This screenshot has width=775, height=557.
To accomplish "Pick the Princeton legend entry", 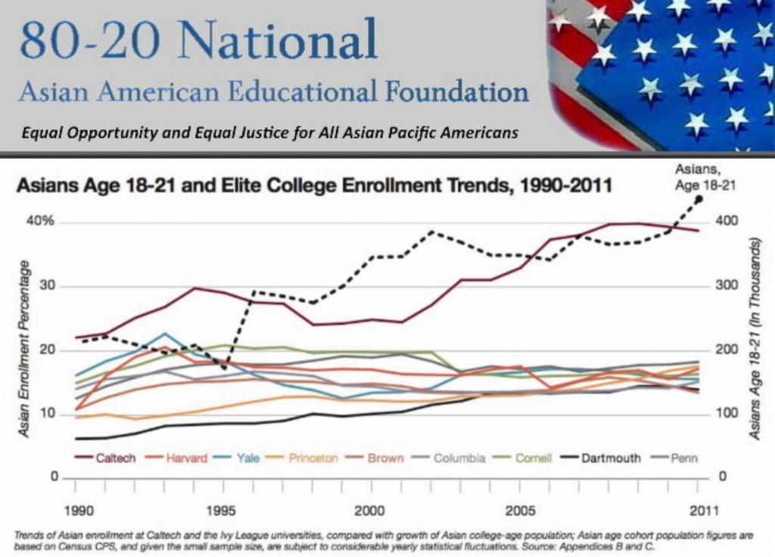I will click(x=312, y=458).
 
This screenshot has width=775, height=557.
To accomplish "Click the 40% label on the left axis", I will click(x=42, y=222).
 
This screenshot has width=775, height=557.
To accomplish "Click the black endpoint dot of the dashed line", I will click(x=699, y=199).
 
